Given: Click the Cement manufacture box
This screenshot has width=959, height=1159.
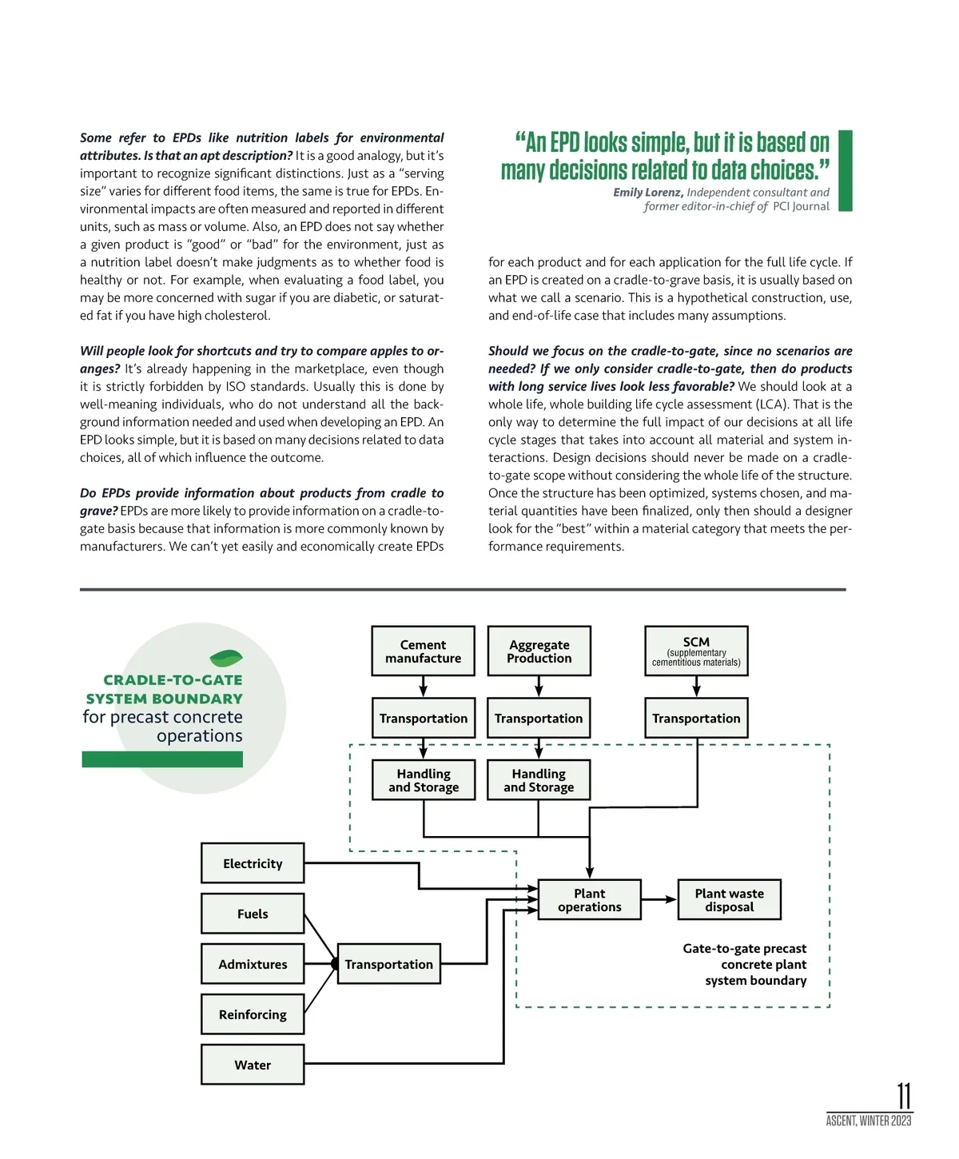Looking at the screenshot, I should click(423, 651).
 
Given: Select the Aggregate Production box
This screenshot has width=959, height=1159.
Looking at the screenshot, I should click(539, 651).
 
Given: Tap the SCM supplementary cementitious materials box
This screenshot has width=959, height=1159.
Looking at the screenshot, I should click(696, 651).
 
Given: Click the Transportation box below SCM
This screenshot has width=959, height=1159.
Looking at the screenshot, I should click(696, 718).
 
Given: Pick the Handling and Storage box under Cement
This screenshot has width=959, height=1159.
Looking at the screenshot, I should click(424, 780).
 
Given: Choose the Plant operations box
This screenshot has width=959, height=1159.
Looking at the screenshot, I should click(590, 900).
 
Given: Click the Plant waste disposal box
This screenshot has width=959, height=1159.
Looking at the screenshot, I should click(729, 900).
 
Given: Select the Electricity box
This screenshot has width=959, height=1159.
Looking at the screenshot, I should click(253, 863).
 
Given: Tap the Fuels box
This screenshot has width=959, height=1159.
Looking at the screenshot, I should click(253, 914).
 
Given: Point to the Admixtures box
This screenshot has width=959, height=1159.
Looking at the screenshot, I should click(253, 964).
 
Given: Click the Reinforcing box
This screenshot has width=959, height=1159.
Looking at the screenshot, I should click(253, 1014).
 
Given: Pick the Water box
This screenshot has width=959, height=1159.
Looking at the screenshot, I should click(253, 1065).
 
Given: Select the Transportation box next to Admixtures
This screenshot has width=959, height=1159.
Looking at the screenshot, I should click(388, 964).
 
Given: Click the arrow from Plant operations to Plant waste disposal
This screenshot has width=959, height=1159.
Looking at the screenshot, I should click(659, 899).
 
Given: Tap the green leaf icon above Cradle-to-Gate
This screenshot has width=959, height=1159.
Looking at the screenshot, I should click(226, 659).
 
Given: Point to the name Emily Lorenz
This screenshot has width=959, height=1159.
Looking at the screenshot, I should click(647, 193).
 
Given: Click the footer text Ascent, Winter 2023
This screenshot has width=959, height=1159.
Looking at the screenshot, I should click(869, 1121).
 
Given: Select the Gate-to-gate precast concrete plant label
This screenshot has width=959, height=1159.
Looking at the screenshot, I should click(744, 964).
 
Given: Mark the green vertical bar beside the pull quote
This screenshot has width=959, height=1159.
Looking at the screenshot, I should click(845, 171).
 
